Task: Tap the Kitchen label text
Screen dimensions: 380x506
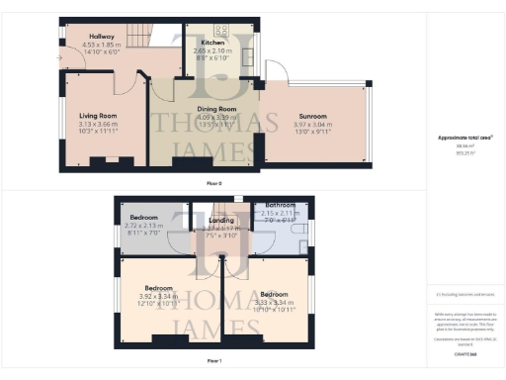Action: pyautogui.click(x=214, y=43)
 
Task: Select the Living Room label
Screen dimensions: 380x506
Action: pyautogui.click(x=100, y=116)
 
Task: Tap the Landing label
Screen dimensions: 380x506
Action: pyautogui.click(x=214, y=220)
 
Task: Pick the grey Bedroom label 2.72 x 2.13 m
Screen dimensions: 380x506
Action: pyautogui.click(x=144, y=216)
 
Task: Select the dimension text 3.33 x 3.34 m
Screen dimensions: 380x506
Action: pyautogui.click(x=274, y=302)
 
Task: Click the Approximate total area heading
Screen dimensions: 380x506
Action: pyautogui.click(x=464, y=139)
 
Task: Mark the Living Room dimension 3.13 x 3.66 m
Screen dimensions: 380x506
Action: pyautogui.click(x=100, y=124)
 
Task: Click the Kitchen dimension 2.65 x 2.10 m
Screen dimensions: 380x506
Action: pyautogui.click(x=214, y=50)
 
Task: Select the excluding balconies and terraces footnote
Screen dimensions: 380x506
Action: pyautogui.click(x=464, y=294)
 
